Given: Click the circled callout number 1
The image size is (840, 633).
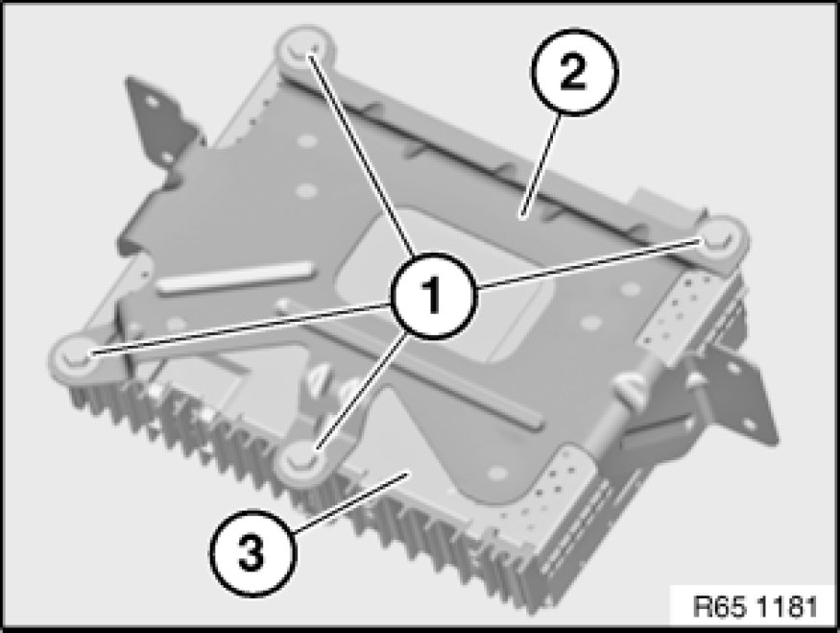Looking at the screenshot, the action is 433,296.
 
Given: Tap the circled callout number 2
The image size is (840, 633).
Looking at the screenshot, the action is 574,72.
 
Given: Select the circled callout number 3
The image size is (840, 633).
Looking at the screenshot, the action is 252,552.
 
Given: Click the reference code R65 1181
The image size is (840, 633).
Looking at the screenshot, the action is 755,607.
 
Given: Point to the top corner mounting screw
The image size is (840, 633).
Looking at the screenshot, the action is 305,50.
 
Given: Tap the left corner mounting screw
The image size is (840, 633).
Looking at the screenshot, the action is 76,356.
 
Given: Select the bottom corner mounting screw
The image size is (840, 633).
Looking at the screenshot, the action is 302,460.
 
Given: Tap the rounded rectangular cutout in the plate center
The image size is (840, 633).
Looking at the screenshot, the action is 444,284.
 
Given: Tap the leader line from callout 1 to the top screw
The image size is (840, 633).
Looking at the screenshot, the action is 362,155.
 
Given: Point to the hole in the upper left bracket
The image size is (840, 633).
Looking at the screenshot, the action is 152,101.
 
